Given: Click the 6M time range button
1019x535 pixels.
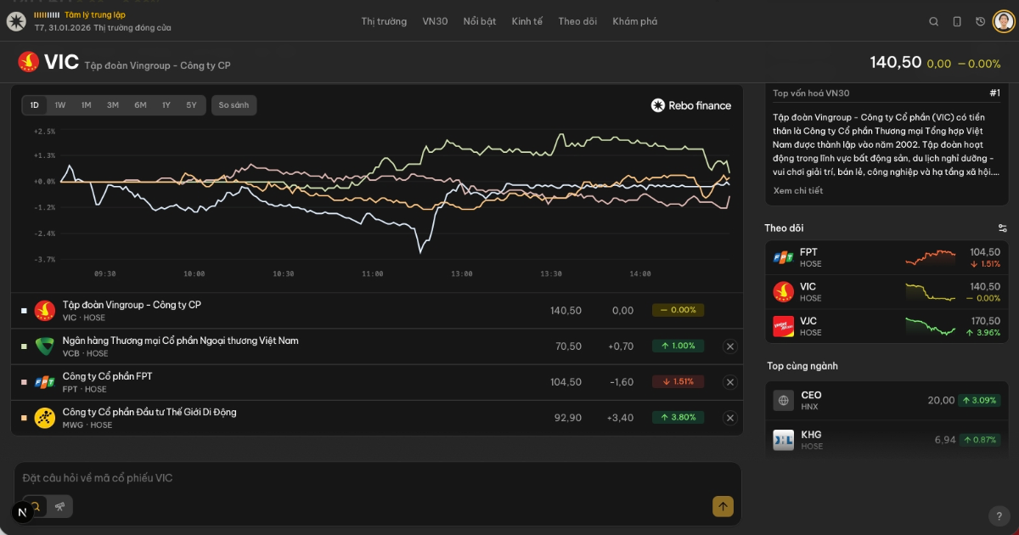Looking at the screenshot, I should point(140,105).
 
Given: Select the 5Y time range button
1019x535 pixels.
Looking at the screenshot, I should point(192,105).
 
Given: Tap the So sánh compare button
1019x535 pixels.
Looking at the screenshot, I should point(234,105).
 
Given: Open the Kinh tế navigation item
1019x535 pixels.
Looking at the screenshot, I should point(526,21).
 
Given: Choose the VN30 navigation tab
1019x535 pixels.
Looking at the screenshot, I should point(435,21).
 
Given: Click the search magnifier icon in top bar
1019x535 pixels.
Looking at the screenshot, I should point(934,22).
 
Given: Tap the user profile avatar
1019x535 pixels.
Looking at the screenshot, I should point(1004,21).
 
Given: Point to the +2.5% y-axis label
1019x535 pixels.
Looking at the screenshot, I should point(44,132).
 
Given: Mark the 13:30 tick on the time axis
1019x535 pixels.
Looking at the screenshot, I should point(551,274).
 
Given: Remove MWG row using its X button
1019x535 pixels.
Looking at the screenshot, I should point(729,418).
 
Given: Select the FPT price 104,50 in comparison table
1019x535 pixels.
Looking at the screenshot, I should point(566,382).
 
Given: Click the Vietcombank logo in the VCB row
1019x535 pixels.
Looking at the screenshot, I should point(45,346).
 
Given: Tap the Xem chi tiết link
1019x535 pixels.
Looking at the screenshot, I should point(798,191).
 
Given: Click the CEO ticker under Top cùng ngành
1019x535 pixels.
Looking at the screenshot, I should point(811,395).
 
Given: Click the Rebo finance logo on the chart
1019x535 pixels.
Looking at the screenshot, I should point(691,105).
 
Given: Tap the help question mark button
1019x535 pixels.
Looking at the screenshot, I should point(999,515).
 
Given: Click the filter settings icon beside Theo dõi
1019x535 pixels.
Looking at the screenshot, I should point(1003,228).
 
